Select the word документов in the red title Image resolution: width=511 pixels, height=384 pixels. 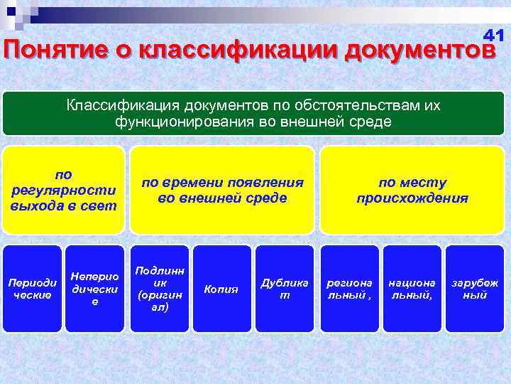[x=418, y=51]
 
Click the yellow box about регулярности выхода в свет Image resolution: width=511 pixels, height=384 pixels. [x=63, y=190]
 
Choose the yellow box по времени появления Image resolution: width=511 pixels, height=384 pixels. [x=222, y=190]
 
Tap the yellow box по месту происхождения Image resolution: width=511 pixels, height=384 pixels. [x=412, y=190]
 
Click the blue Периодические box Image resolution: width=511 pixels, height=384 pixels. [x=32, y=289]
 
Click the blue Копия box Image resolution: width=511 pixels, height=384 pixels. [x=221, y=289]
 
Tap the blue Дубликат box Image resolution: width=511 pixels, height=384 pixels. [x=284, y=289]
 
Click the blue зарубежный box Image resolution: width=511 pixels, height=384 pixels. [x=474, y=289]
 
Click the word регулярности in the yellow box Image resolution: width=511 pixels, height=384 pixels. [x=63, y=190]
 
